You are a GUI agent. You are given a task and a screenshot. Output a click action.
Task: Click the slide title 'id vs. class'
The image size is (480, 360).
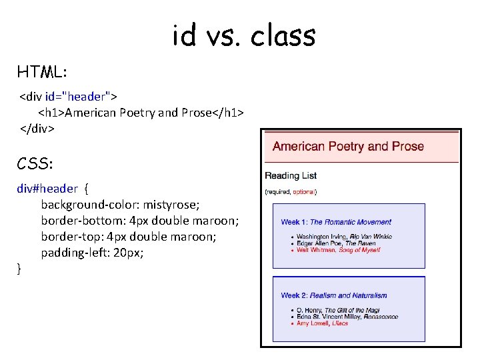click(243, 35)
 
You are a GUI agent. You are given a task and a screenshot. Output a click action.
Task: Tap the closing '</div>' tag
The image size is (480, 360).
click(37, 128)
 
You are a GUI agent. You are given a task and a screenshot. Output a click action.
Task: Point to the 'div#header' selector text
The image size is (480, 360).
click(47, 189)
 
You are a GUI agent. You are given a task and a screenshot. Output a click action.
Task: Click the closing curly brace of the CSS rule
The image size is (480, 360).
click(19, 269)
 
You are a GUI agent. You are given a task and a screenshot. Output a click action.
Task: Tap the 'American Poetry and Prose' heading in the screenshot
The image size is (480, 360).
click(348, 147)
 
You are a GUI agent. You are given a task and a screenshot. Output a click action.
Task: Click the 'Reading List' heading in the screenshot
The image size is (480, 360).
click(291, 176)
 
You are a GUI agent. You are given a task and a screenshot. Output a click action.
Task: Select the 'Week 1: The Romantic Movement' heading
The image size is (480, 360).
click(336, 222)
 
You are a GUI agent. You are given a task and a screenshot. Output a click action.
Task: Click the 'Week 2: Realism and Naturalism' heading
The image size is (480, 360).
click(333, 295)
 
